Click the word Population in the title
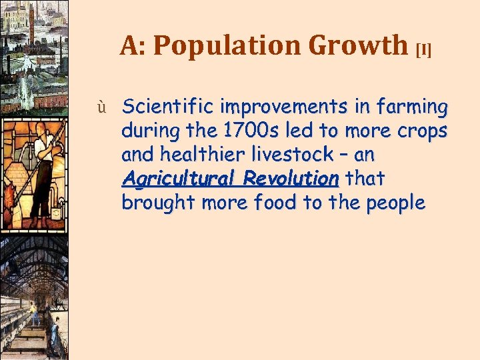point(229,45)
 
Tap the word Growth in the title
point(358,45)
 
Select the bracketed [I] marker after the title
point(424,51)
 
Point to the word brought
point(154,203)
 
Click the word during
point(147,131)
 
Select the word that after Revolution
point(363,179)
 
